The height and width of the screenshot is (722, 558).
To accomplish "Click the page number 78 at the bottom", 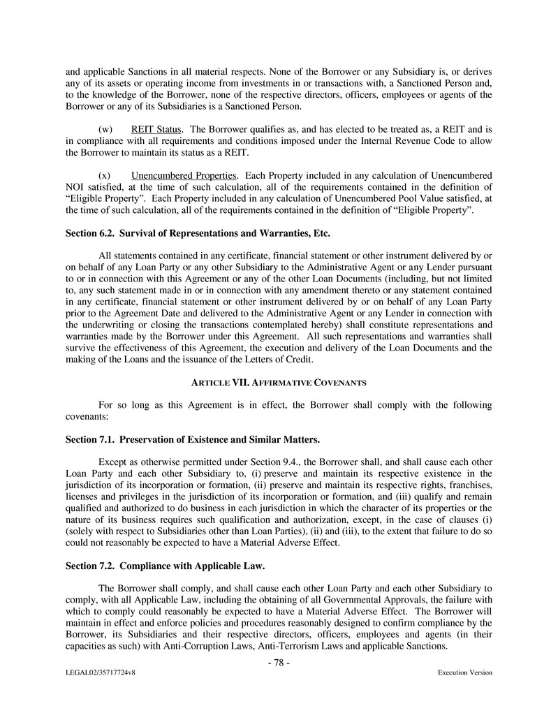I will click(x=279, y=663).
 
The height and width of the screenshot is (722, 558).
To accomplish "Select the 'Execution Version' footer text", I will click(x=464, y=672).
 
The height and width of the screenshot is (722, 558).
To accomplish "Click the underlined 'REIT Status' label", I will click(x=157, y=129).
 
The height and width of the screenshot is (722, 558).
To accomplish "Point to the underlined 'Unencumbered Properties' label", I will click(x=184, y=175).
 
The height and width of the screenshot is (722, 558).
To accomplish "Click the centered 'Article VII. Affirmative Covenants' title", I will click(x=279, y=382).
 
